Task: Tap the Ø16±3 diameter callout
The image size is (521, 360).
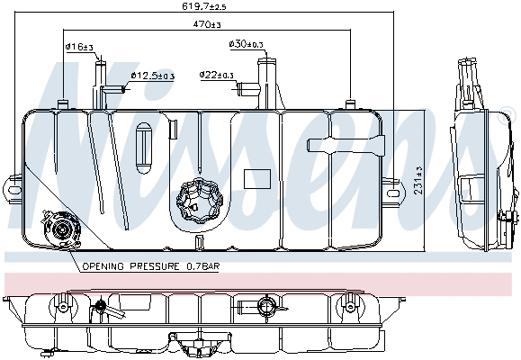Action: pos(77,46)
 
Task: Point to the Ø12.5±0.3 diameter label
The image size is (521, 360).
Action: pos(154,76)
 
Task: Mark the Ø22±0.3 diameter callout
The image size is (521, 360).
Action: pos(216,75)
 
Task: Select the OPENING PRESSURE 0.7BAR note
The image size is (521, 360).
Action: pos(150,267)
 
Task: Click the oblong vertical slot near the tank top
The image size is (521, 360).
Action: pos(142,146)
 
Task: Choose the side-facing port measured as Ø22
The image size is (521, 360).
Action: pos(244,87)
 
